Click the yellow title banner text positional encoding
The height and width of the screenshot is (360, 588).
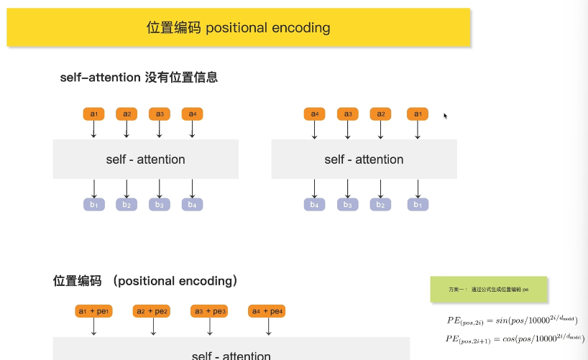point(238,28)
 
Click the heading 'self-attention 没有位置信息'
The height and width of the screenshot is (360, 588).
point(139,78)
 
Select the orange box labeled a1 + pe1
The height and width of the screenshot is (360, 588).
point(93,311)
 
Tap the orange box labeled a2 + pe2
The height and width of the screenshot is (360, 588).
point(152,311)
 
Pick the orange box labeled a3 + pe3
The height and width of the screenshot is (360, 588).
point(209,311)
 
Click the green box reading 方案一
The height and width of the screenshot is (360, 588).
point(489,289)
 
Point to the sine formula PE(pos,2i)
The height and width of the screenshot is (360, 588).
point(513,320)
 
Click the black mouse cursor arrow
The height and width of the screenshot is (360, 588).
point(446,116)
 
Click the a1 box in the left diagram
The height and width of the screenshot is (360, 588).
point(93,114)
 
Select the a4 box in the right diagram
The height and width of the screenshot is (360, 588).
point(314,114)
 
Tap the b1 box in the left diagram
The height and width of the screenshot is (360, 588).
point(93,205)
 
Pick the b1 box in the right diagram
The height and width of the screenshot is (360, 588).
point(418,205)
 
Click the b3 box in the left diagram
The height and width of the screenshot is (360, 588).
point(160,205)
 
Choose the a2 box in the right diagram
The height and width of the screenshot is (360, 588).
point(381,114)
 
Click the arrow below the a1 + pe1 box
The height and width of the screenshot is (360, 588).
point(93,327)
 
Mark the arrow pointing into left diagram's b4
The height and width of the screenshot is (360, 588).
point(193,188)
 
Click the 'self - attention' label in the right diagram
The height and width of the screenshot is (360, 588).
point(364,160)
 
